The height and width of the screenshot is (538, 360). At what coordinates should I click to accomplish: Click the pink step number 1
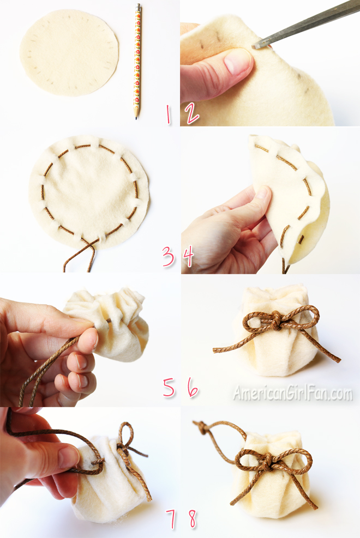coord(168,114)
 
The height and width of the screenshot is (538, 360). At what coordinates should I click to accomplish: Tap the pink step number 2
coord(191,113)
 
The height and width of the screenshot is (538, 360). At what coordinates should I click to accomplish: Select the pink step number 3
coord(168,257)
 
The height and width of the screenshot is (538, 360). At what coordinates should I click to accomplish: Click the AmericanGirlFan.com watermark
coord(293,393)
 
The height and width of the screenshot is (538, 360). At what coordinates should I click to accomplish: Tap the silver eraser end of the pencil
coord(139,7)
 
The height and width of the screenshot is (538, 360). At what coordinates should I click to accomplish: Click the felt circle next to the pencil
coord(70,52)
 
